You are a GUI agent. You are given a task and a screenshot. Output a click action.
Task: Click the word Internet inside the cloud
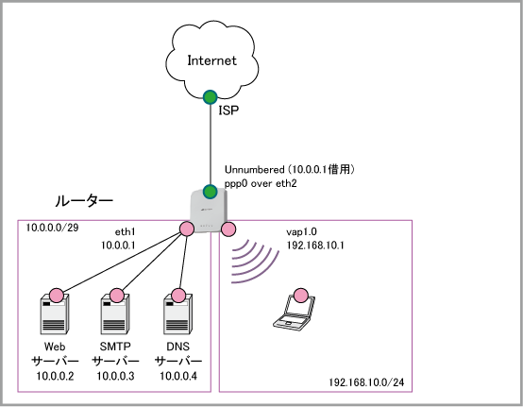[x=212, y=60]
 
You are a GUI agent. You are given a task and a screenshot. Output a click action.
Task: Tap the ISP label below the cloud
[x=228, y=110]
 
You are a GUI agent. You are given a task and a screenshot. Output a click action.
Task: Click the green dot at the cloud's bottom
[x=211, y=97]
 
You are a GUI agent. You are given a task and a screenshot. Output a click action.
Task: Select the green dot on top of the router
[x=211, y=192]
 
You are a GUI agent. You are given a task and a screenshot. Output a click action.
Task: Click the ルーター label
[x=84, y=201]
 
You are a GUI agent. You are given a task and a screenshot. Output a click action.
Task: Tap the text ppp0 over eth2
[x=261, y=183]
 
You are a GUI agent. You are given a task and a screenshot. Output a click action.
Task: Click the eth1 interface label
[x=125, y=231]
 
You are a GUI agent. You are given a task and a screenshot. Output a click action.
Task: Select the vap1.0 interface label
[x=301, y=231]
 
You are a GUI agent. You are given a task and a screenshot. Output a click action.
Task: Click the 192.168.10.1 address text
[x=315, y=246]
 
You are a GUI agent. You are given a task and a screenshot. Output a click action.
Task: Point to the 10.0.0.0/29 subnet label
[x=52, y=228]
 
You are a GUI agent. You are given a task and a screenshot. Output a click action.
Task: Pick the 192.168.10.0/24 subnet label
[x=366, y=382]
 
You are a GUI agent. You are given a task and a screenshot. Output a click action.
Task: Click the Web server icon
[x=55, y=314]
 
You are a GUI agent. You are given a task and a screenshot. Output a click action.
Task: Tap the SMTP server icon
[x=115, y=314]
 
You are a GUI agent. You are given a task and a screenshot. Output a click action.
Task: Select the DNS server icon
[x=177, y=314]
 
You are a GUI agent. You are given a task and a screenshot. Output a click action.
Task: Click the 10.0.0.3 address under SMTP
[x=115, y=376]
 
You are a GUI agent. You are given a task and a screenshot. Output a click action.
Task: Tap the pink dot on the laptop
[x=301, y=296]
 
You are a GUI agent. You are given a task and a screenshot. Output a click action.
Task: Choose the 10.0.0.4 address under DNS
[x=178, y=376]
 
